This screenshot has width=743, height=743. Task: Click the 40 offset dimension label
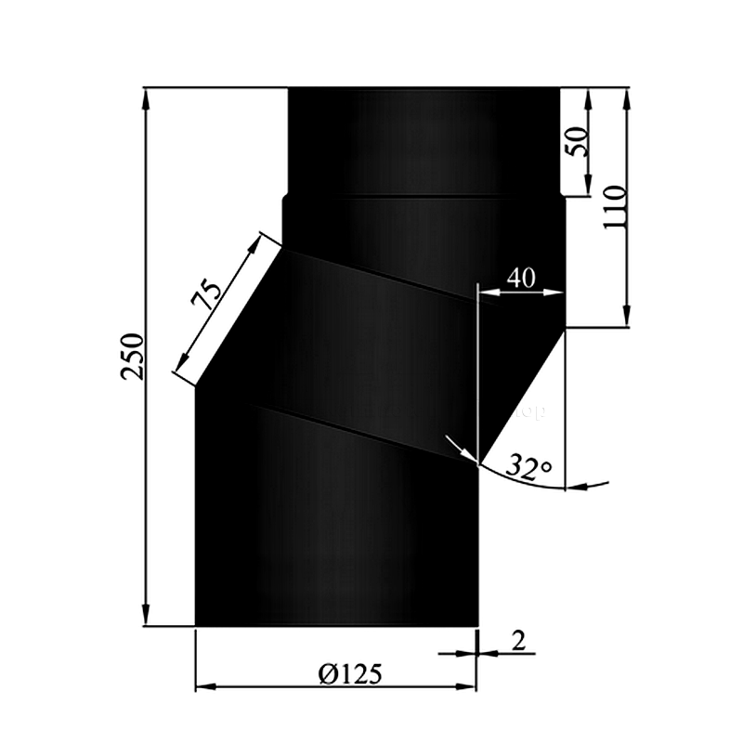tap(520, 277)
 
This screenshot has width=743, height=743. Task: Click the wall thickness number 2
tap(517, 641)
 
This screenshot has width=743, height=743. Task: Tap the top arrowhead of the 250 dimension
tap(146, 96)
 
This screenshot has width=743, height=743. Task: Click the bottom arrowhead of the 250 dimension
tap(146, 618)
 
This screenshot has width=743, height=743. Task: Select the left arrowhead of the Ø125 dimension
tap(203, 688)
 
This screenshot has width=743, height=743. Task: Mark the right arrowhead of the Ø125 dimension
tap(468, 688)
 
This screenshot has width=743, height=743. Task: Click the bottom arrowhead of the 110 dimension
tap(629, 319)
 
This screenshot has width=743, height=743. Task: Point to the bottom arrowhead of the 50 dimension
tap(589, 189)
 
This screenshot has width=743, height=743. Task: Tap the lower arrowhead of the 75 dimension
tap(179, 367)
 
